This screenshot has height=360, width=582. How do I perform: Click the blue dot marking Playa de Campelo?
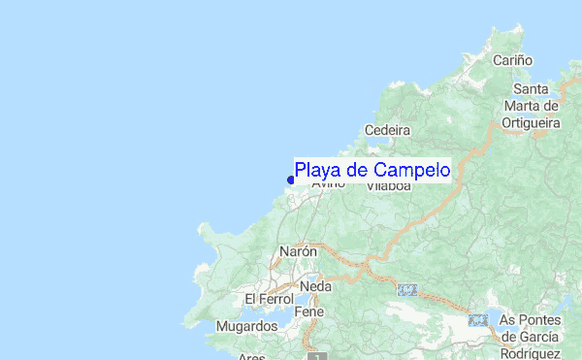pyautogui.click(x=291, y=179)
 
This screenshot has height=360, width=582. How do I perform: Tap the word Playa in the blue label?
pyautogui.click(x=316, y=171)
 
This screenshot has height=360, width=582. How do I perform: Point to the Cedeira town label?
pyautogui.click(x=388, y=130)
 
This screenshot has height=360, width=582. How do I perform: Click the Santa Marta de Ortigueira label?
pyautogui.click(x=531, y=106)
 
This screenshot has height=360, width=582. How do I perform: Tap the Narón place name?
pyautogui.click(x=298, y=250)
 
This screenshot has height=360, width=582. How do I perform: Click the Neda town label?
pyautogui.click(x=315, y=287)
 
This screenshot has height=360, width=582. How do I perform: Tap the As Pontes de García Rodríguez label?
pyautogui.click(x=530, y=334)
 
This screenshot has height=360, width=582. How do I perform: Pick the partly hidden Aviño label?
pyautogui.click(x=328, y=183)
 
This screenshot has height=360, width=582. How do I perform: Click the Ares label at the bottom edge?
pyautogui.click(x=250, y=356)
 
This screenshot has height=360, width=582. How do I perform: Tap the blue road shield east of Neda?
pyautogui.click(x=408, y=289)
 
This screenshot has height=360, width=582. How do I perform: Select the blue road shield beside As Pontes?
pyautogui.click(x=477, y=319)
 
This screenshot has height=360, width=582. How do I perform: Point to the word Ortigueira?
pyautogui.click(x=531, y=123)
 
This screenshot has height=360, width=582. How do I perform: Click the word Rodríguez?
pyautogui.click(x=530, y=351)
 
